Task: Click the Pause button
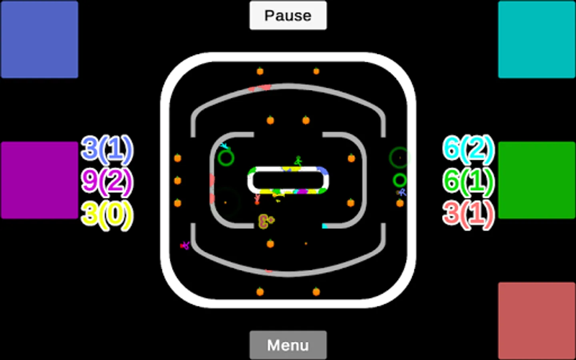click(288, 16)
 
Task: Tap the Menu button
click(288, 345)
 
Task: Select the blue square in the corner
click(39, 39)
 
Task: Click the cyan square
click(536, 39)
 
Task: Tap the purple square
click(39, 180)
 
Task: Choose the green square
click(536, 180)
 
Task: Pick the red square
click(536, 321)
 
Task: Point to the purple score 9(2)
click(107, 181)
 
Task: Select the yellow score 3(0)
click(107, 214)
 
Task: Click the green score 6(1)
click(468, 181)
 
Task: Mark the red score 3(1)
click(468, 214)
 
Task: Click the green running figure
click(298, 161)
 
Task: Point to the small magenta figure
click(185, 245)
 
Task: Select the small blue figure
click(402, 192)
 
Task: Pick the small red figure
click(257, 199)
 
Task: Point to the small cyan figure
click(225, 146)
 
